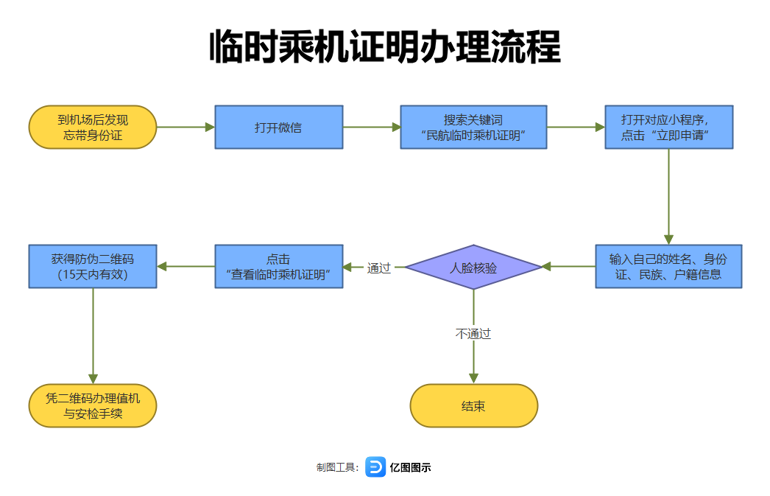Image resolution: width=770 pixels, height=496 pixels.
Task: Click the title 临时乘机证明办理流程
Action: (x=385, y=48)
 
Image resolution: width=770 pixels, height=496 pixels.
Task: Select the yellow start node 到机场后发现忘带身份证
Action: (x=93, y=127)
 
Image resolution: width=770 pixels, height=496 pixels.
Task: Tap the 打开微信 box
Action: (x=278, y=127)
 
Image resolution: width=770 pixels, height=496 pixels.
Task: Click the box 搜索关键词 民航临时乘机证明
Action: (x=473, y=127)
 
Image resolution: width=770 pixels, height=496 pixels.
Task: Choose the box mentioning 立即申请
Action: (x=668, y=127)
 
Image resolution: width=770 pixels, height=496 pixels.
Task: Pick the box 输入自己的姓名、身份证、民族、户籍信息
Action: (x=668, y=266)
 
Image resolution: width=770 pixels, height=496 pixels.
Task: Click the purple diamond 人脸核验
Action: (x=473, y=267)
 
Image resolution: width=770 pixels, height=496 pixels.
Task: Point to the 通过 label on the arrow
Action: (x=379, y=268)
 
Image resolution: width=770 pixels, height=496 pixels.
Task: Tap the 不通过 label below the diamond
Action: (x=473, y=334)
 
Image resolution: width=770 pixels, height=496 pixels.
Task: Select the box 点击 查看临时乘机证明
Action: (x=278, y=266)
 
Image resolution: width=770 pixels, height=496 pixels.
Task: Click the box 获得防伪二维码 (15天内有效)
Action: (x=93, y=266)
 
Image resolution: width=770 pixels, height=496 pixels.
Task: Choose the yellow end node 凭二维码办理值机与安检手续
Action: (x=93, y=405)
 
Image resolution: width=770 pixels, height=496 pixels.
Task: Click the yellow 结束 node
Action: (x=473, y=405)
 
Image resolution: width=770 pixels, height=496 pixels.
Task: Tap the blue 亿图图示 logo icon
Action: (x=375, y=467)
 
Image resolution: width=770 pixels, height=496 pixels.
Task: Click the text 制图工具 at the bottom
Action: (x=336, y=467)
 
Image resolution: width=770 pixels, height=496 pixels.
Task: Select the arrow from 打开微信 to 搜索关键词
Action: (x=372, y=127)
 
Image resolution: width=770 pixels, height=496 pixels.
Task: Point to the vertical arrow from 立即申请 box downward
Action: (x=668, y=196)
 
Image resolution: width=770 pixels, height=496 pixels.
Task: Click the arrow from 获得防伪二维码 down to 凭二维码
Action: (x=93, y=335)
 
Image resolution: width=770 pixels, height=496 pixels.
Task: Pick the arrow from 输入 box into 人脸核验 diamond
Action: (x=568, y=266)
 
